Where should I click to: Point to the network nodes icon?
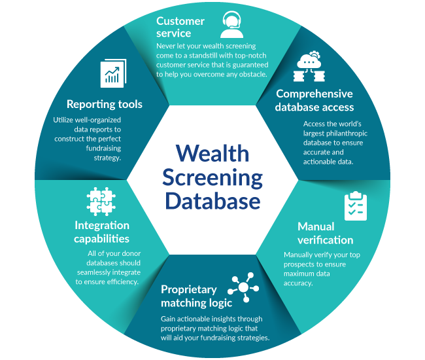pos(243,287)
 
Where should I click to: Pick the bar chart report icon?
pos(112,74)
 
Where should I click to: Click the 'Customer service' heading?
pos(180,27)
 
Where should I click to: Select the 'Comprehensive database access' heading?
pos(314,100)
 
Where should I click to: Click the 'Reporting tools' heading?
pos(104,104)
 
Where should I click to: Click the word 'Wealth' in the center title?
pos(212,153)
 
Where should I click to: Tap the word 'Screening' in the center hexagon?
pos(212,177)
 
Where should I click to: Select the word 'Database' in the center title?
pos(212,200)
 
